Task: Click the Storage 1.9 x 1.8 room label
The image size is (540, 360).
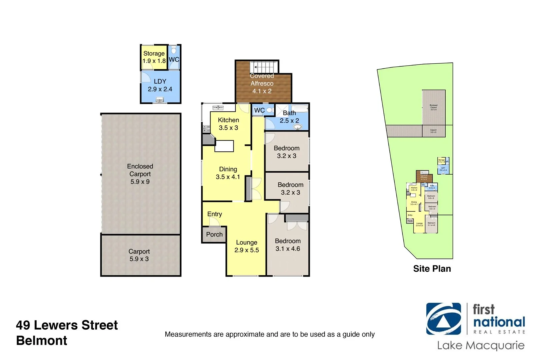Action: [154, 57]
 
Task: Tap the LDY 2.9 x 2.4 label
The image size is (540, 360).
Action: [160, 85]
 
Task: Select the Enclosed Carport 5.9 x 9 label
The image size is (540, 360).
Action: [140, 174]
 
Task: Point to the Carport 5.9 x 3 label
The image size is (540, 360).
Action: [139, 255]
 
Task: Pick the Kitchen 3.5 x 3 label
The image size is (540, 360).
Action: [228, 124]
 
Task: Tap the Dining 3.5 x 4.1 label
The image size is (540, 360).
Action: [228, 173]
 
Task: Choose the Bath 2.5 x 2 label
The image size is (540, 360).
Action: [289, 117]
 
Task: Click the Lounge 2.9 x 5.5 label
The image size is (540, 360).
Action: [247, 246]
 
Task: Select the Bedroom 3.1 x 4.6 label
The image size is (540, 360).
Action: [288, 245]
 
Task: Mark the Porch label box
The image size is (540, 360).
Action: [214, 234]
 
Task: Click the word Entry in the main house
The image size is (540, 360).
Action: [215, 214]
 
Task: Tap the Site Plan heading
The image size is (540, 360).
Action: [432, 269]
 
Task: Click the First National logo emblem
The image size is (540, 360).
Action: [444, 319]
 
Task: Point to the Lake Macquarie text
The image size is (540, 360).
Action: [481, 345]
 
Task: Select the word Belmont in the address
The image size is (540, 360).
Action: [42, 341]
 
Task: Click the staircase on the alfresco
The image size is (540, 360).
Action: [264, 67]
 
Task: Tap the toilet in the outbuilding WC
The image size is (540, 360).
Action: [173, 50]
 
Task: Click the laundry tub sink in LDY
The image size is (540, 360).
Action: [160, 99]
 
